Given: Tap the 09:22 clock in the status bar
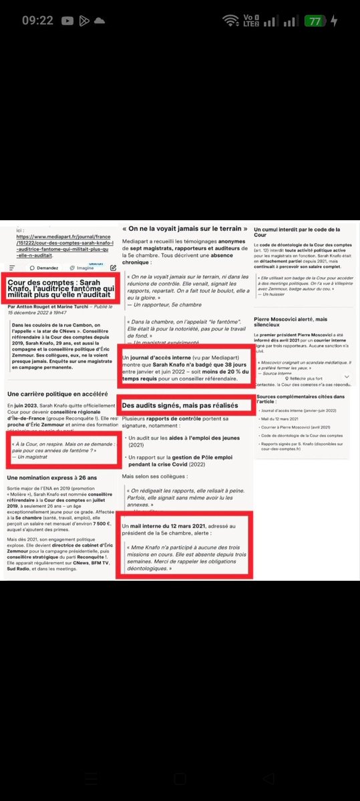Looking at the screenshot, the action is (37, 21).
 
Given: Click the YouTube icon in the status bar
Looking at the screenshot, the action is (67, 21).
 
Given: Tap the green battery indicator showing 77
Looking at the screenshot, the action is (313, 21).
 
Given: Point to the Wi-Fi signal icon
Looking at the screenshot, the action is (230, 21).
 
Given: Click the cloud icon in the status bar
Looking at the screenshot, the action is (100, 21).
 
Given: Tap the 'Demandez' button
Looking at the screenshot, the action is (47, 267).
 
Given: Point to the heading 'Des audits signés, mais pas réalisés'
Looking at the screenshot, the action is (180, 405).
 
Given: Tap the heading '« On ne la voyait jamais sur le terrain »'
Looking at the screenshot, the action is (180, 229).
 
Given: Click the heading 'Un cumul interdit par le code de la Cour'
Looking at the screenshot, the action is (297, 233).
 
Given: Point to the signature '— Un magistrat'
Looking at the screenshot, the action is (30, 455).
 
